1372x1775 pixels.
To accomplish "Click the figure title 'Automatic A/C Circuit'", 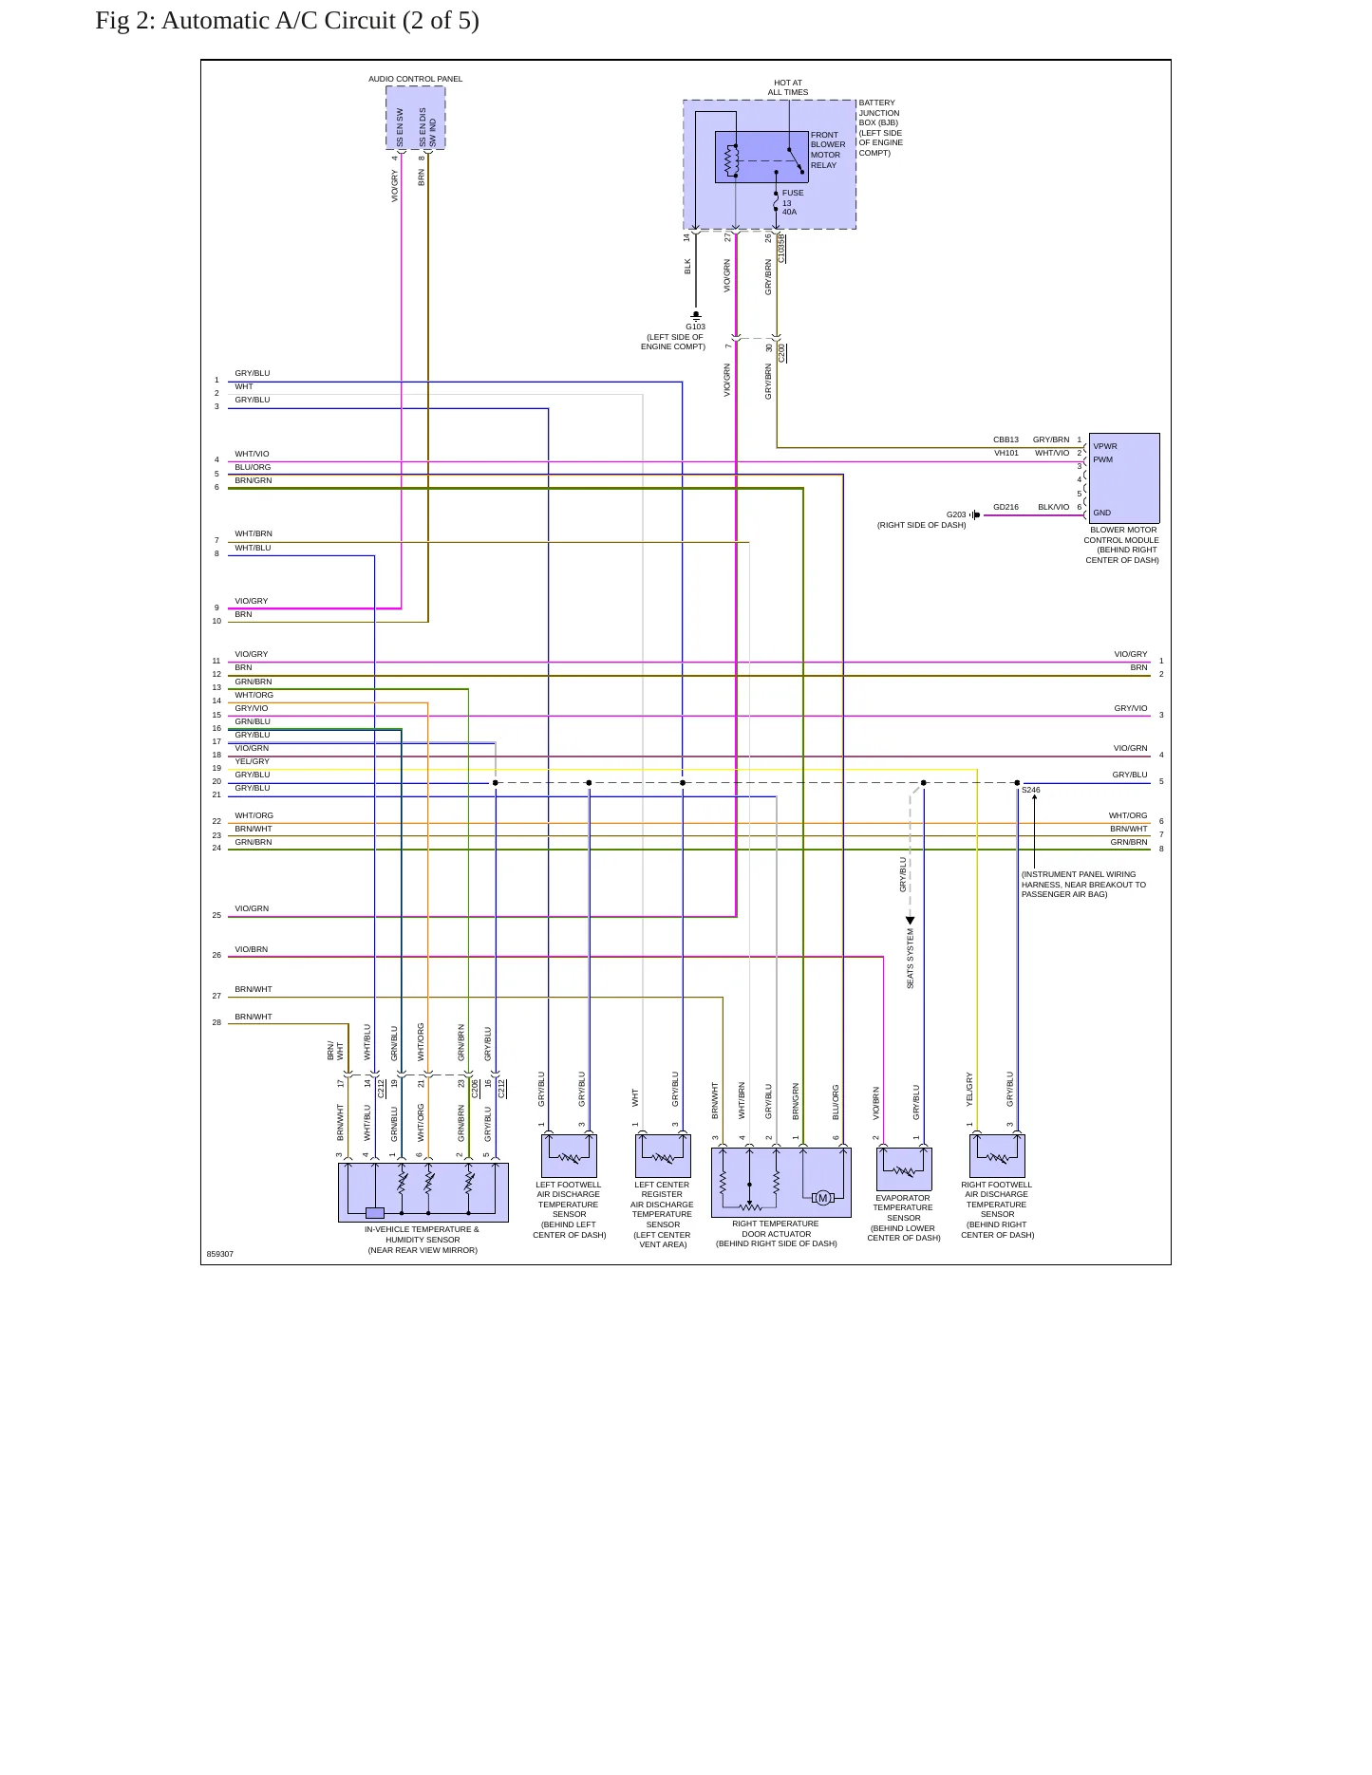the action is (278, 21).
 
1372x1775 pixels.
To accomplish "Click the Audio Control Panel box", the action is (416, 118).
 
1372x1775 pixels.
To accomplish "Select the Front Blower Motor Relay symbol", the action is (761, 157).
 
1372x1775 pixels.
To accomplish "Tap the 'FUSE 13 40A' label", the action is (793, 202).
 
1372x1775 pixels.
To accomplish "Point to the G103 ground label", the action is (696, 327).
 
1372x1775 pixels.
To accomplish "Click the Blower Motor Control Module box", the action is (1124, 477).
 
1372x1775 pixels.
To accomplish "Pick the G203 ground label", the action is (956, 514).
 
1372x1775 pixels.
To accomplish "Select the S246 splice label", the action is (1031, 790).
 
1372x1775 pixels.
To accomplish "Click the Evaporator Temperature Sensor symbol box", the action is (904, 1169).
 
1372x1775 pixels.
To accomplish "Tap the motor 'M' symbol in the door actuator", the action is (823, 1198).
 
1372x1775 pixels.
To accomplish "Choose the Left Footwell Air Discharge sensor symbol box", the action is (569, 1156).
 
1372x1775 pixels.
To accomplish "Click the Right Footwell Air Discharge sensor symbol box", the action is (997, 1156).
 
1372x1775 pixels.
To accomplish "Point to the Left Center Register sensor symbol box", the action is (663, 1156).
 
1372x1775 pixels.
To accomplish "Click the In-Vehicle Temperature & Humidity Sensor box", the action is (423, 1192).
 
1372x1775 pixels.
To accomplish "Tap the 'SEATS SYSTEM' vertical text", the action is (910, 959).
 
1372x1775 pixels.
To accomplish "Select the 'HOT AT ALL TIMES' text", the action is (788, 87).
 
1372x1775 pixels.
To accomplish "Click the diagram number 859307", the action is (220, 1254).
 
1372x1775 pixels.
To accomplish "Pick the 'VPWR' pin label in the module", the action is (1105, 446).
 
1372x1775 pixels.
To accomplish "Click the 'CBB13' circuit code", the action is (1006, 439).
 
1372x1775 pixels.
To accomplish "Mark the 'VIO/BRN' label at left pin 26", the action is (252, 949).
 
